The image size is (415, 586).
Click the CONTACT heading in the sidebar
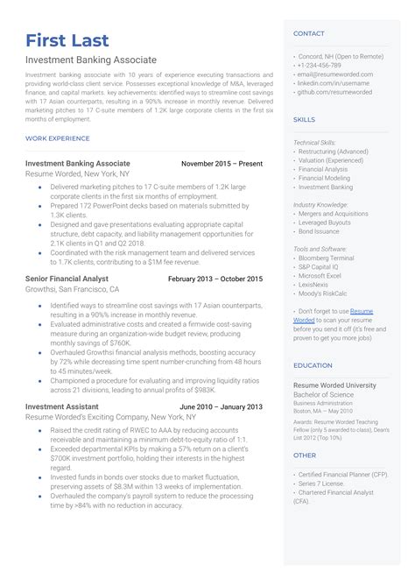pos(308,33)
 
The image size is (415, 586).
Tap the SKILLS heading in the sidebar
pos(304,118)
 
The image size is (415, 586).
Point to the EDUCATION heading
pos(313,365)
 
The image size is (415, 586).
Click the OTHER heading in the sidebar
pos(304,455)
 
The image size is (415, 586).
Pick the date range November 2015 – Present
pos(222,163)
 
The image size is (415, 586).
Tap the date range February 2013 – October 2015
pos(215,279)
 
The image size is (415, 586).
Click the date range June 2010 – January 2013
pos(221,407)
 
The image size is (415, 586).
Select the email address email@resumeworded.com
pos(341,74)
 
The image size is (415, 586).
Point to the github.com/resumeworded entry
pos(336,91)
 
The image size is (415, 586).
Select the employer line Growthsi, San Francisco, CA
pos(73,289)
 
